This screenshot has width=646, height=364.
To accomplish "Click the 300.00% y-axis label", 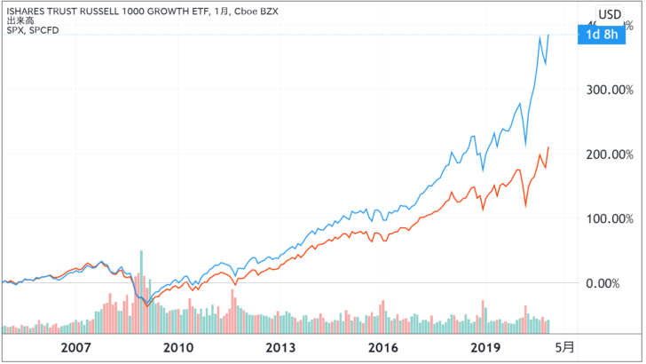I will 610,90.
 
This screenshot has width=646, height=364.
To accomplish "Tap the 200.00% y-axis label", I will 610,154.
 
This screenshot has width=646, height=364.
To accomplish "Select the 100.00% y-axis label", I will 610,218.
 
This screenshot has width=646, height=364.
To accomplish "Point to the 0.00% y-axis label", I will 615,283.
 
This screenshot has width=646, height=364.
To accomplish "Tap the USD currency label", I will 610,13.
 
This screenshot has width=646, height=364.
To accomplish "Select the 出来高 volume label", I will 18,22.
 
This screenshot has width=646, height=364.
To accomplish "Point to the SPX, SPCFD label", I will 30,32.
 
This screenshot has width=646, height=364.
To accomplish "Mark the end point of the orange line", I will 549,147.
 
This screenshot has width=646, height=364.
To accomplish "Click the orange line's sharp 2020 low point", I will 527,207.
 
